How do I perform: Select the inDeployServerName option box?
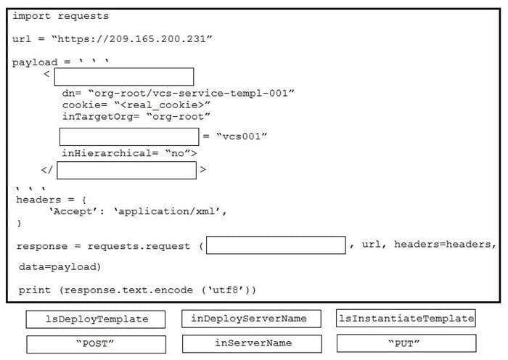249,319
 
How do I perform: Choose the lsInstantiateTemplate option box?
406,319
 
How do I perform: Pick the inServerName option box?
249,343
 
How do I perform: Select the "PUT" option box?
406,343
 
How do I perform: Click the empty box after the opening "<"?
124,77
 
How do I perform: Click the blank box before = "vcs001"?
129,136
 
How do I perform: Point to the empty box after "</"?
126,170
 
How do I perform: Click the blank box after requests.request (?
276,245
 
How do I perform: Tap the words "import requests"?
61,15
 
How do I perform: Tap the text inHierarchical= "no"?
125,153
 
